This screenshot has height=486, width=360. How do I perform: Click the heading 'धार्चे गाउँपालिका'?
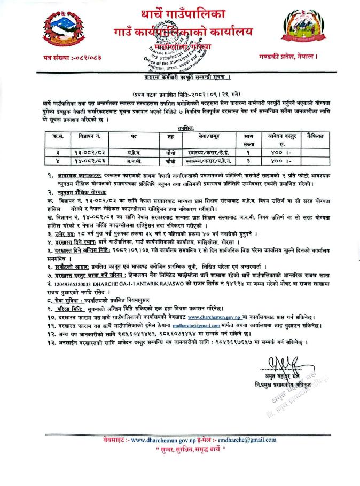point(181,13)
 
